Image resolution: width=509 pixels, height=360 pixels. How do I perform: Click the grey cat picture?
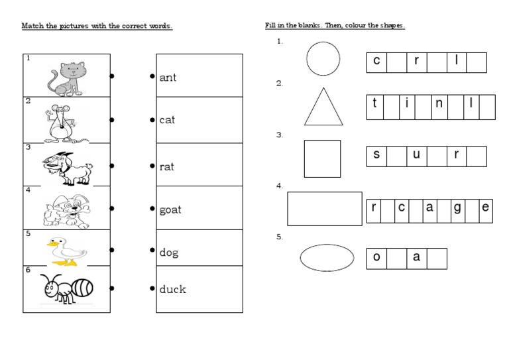(66, 77)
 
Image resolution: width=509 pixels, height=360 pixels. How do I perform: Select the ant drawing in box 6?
(67, 287)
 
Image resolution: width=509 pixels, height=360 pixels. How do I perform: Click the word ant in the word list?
(168, 78)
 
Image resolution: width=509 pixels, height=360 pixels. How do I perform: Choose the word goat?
(170, 210)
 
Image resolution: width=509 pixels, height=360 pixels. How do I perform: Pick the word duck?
(172, 289)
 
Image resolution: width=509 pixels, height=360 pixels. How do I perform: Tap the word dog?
(169, 253)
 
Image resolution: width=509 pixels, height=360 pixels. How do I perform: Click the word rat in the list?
(167, 167)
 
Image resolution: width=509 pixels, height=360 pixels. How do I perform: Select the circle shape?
(323, 59)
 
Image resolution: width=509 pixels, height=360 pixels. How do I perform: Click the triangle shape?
(323, 109)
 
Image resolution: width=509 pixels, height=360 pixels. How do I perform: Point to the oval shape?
(327, 258)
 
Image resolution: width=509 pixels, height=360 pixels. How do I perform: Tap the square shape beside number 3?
(322, 158)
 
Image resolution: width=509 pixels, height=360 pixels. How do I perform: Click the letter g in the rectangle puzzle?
(457, 208)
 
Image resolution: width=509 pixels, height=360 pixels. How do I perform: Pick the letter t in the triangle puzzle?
(375, 103)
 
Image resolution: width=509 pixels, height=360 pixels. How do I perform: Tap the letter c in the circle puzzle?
(376, 62)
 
